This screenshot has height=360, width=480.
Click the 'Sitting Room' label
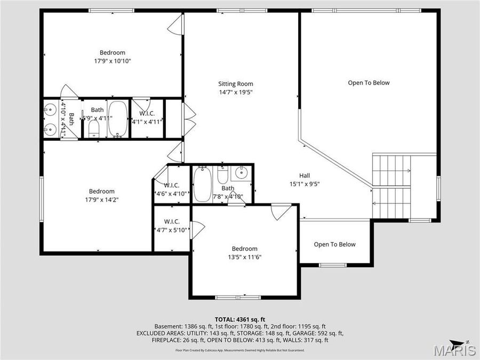point(235,84)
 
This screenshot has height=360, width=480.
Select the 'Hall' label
point(304,175)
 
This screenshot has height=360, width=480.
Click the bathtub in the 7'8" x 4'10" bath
point(202,184)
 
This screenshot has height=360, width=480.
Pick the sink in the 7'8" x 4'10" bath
point(242,172)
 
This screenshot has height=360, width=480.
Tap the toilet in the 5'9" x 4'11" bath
point(94,128)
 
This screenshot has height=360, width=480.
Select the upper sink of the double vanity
point(50,110)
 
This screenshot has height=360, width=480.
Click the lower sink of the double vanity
point(50,129)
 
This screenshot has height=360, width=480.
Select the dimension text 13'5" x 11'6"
point(244,257)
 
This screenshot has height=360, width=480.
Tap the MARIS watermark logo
point(454,351)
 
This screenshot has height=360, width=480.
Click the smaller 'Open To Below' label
point(334,244)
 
